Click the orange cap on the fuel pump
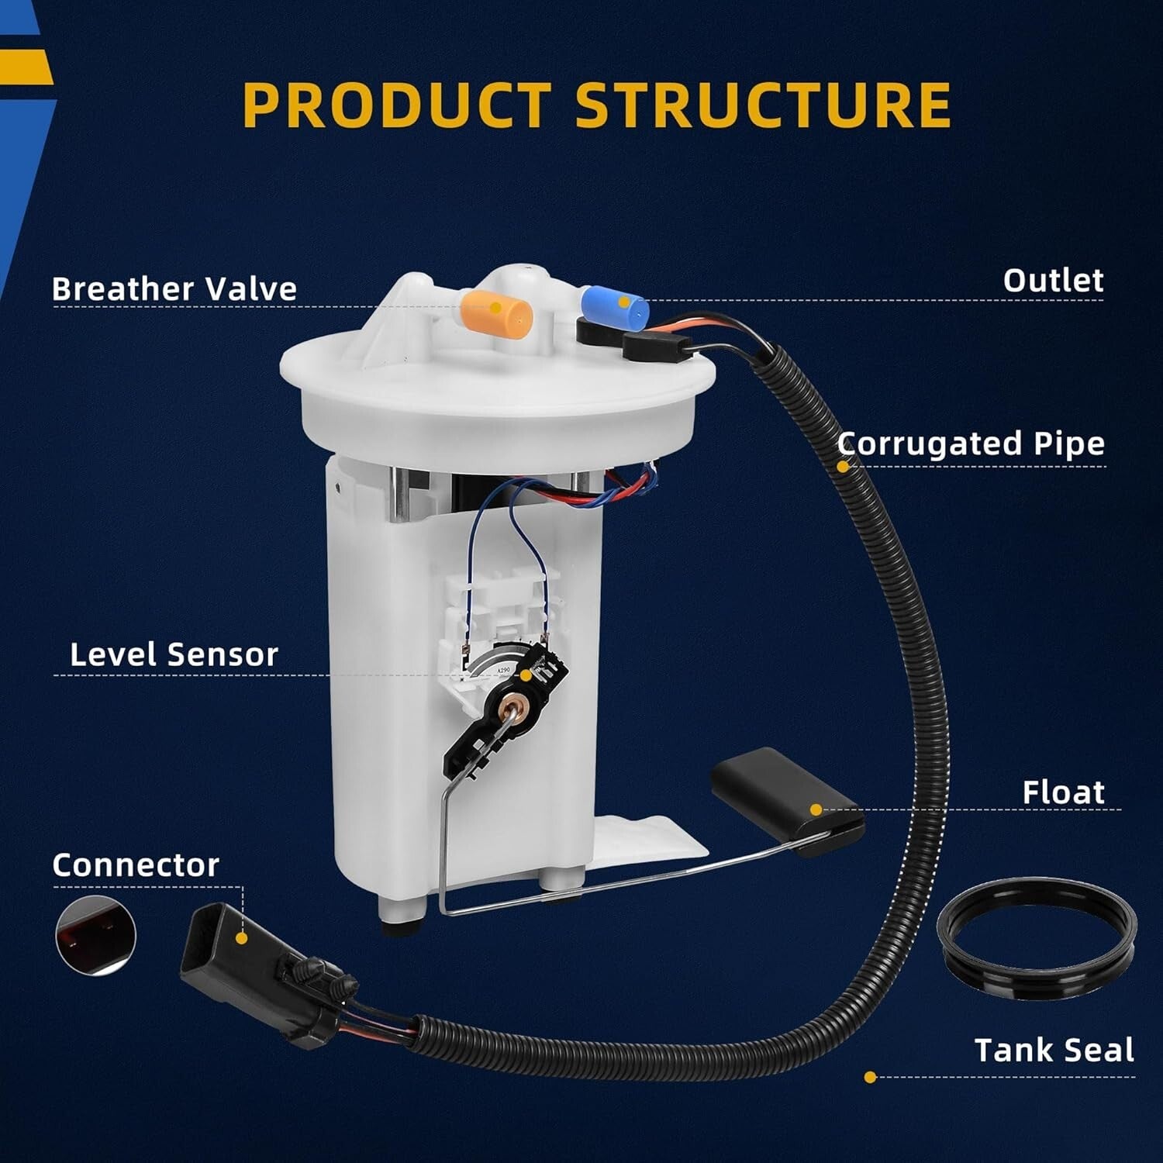[x=496, y=312]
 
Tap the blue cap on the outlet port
[x=615, y=306]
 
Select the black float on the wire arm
[x=787, y=802]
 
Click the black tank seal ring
[x=1037, y=934]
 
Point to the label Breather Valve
[x=174, y=288]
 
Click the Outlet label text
[x=1053, y=280]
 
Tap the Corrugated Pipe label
[x=971, y=444]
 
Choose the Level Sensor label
[x=174, y=654]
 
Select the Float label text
[x=1063, y=792]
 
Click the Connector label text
[x=136, y=865]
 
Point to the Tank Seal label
[x=1054, y=1051]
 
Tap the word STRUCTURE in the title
[x=763, y=105]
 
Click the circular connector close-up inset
[x=96, y=935]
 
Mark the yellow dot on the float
[x=816, y=810]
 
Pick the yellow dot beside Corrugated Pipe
[x=843, y=467]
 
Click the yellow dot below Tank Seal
[x=870, y=1077]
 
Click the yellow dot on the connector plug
[x=241, y=938]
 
